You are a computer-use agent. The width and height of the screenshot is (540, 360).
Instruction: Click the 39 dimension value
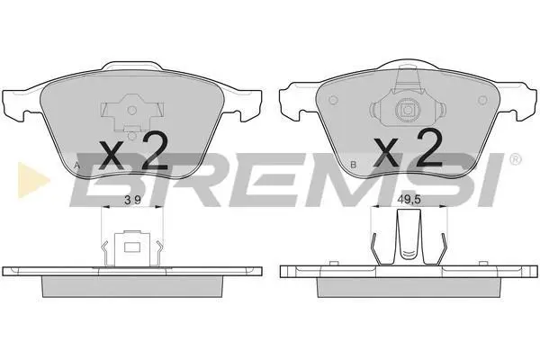coord(132,200)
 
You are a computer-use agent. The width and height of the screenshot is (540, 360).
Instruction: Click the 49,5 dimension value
coord(409,200)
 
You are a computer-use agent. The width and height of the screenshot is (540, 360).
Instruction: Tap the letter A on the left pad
coord(77,166)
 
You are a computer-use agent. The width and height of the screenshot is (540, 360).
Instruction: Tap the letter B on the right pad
coord(353,165)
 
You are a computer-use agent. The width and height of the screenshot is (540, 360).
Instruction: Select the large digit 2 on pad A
coord(155,151)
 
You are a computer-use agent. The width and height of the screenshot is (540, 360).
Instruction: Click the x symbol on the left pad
coord(111,155)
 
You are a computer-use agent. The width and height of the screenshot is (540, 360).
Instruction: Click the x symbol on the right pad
coord(386,151)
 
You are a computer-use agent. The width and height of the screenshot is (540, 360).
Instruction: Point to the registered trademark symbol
coord(515,159)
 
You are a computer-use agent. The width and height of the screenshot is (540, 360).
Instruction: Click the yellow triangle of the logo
coord(31,180)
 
